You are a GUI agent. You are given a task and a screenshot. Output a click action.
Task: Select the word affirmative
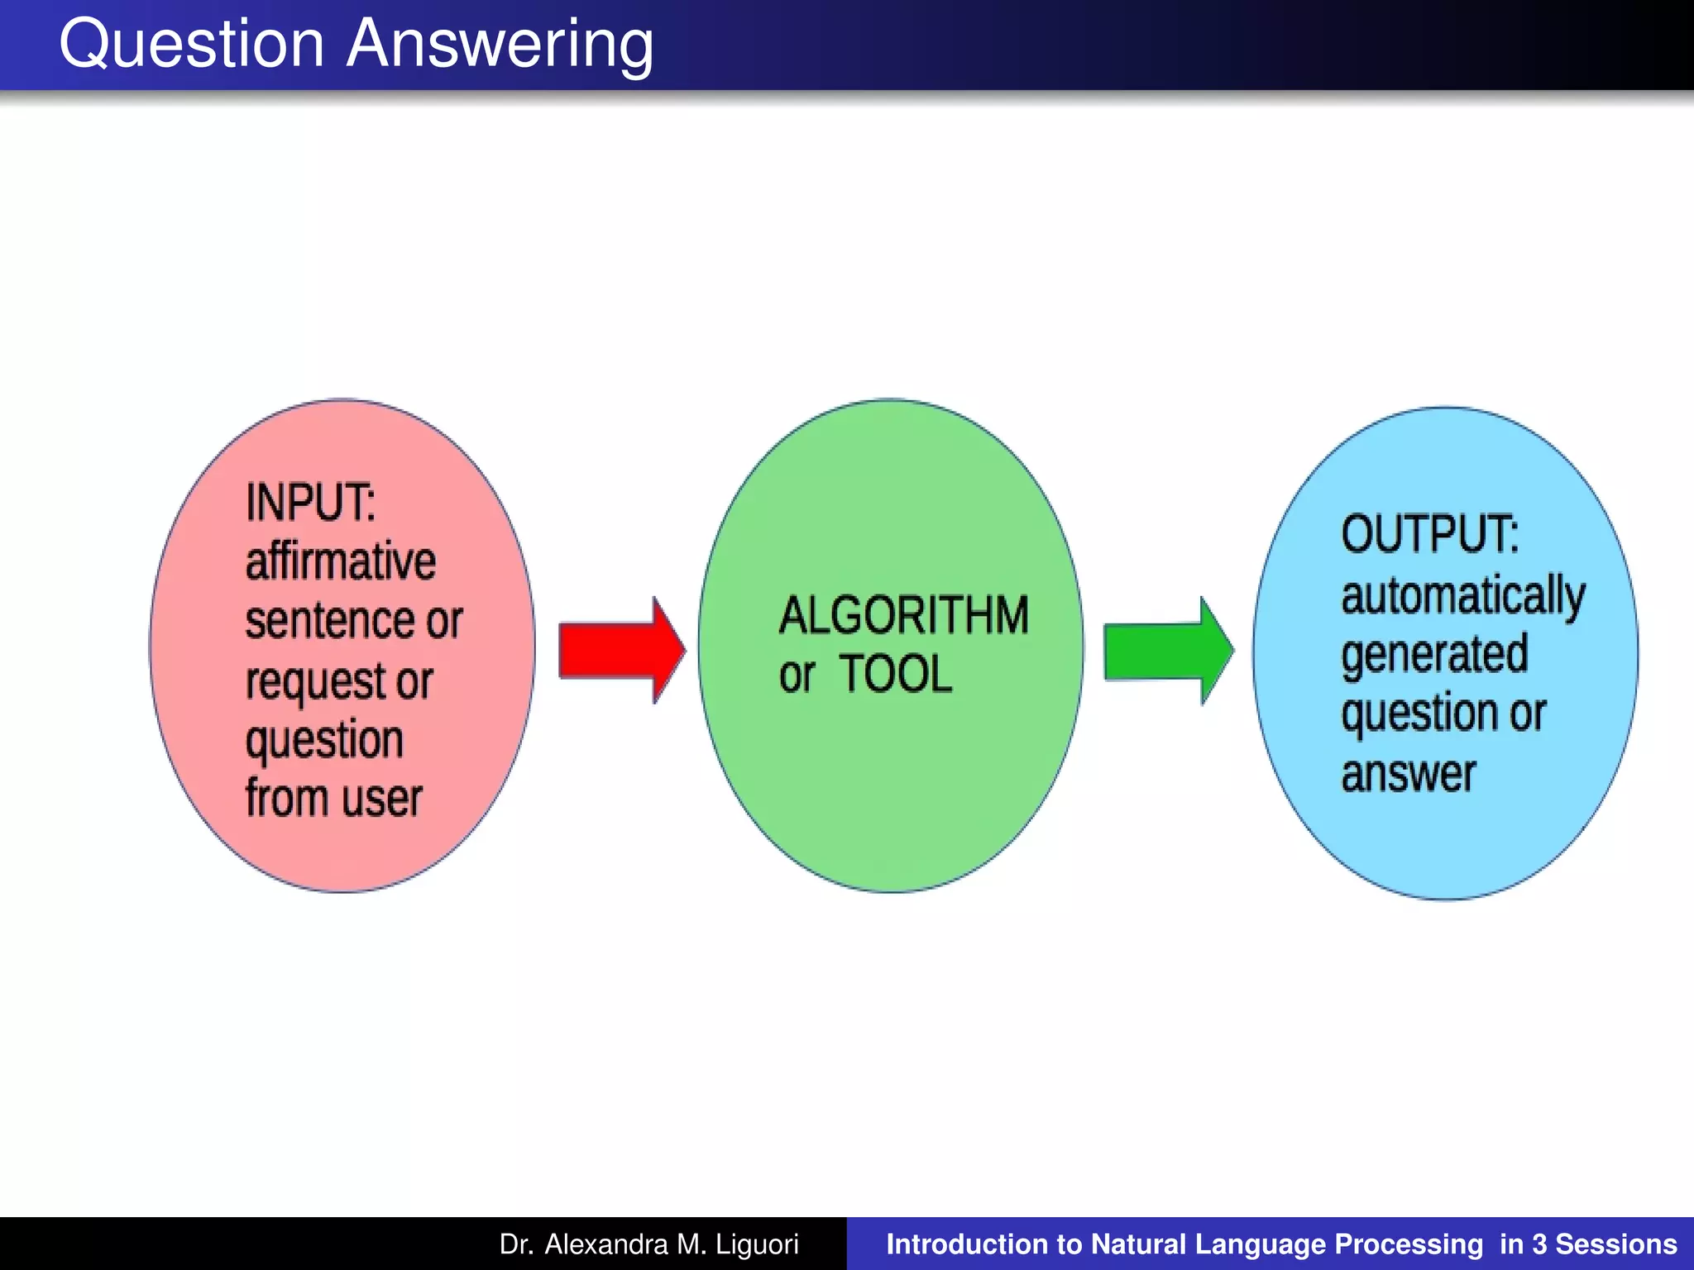point(340,561)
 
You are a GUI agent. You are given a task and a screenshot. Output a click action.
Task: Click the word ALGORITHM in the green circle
point(903,616)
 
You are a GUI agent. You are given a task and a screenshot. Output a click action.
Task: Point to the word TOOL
point(896,674)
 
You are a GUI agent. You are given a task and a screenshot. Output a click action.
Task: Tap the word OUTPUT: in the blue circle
point(1429,534)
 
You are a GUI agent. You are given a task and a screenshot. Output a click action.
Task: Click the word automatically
point(1462,595)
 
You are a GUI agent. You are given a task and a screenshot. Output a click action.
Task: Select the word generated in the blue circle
point(1434,655)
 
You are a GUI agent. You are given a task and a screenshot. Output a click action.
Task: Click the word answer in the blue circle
point(1408,774)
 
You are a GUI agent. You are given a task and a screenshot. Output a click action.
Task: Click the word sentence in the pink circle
point(331,621)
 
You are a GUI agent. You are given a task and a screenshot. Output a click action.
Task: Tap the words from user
point(333,798)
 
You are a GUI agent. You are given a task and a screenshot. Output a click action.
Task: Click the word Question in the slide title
point(192,45)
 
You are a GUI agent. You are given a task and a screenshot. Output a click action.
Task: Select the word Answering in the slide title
point(500,45)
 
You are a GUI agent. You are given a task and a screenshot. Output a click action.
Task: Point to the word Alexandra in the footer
point(605,1244)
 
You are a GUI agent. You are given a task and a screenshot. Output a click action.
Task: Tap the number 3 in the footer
point(1538,1244)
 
